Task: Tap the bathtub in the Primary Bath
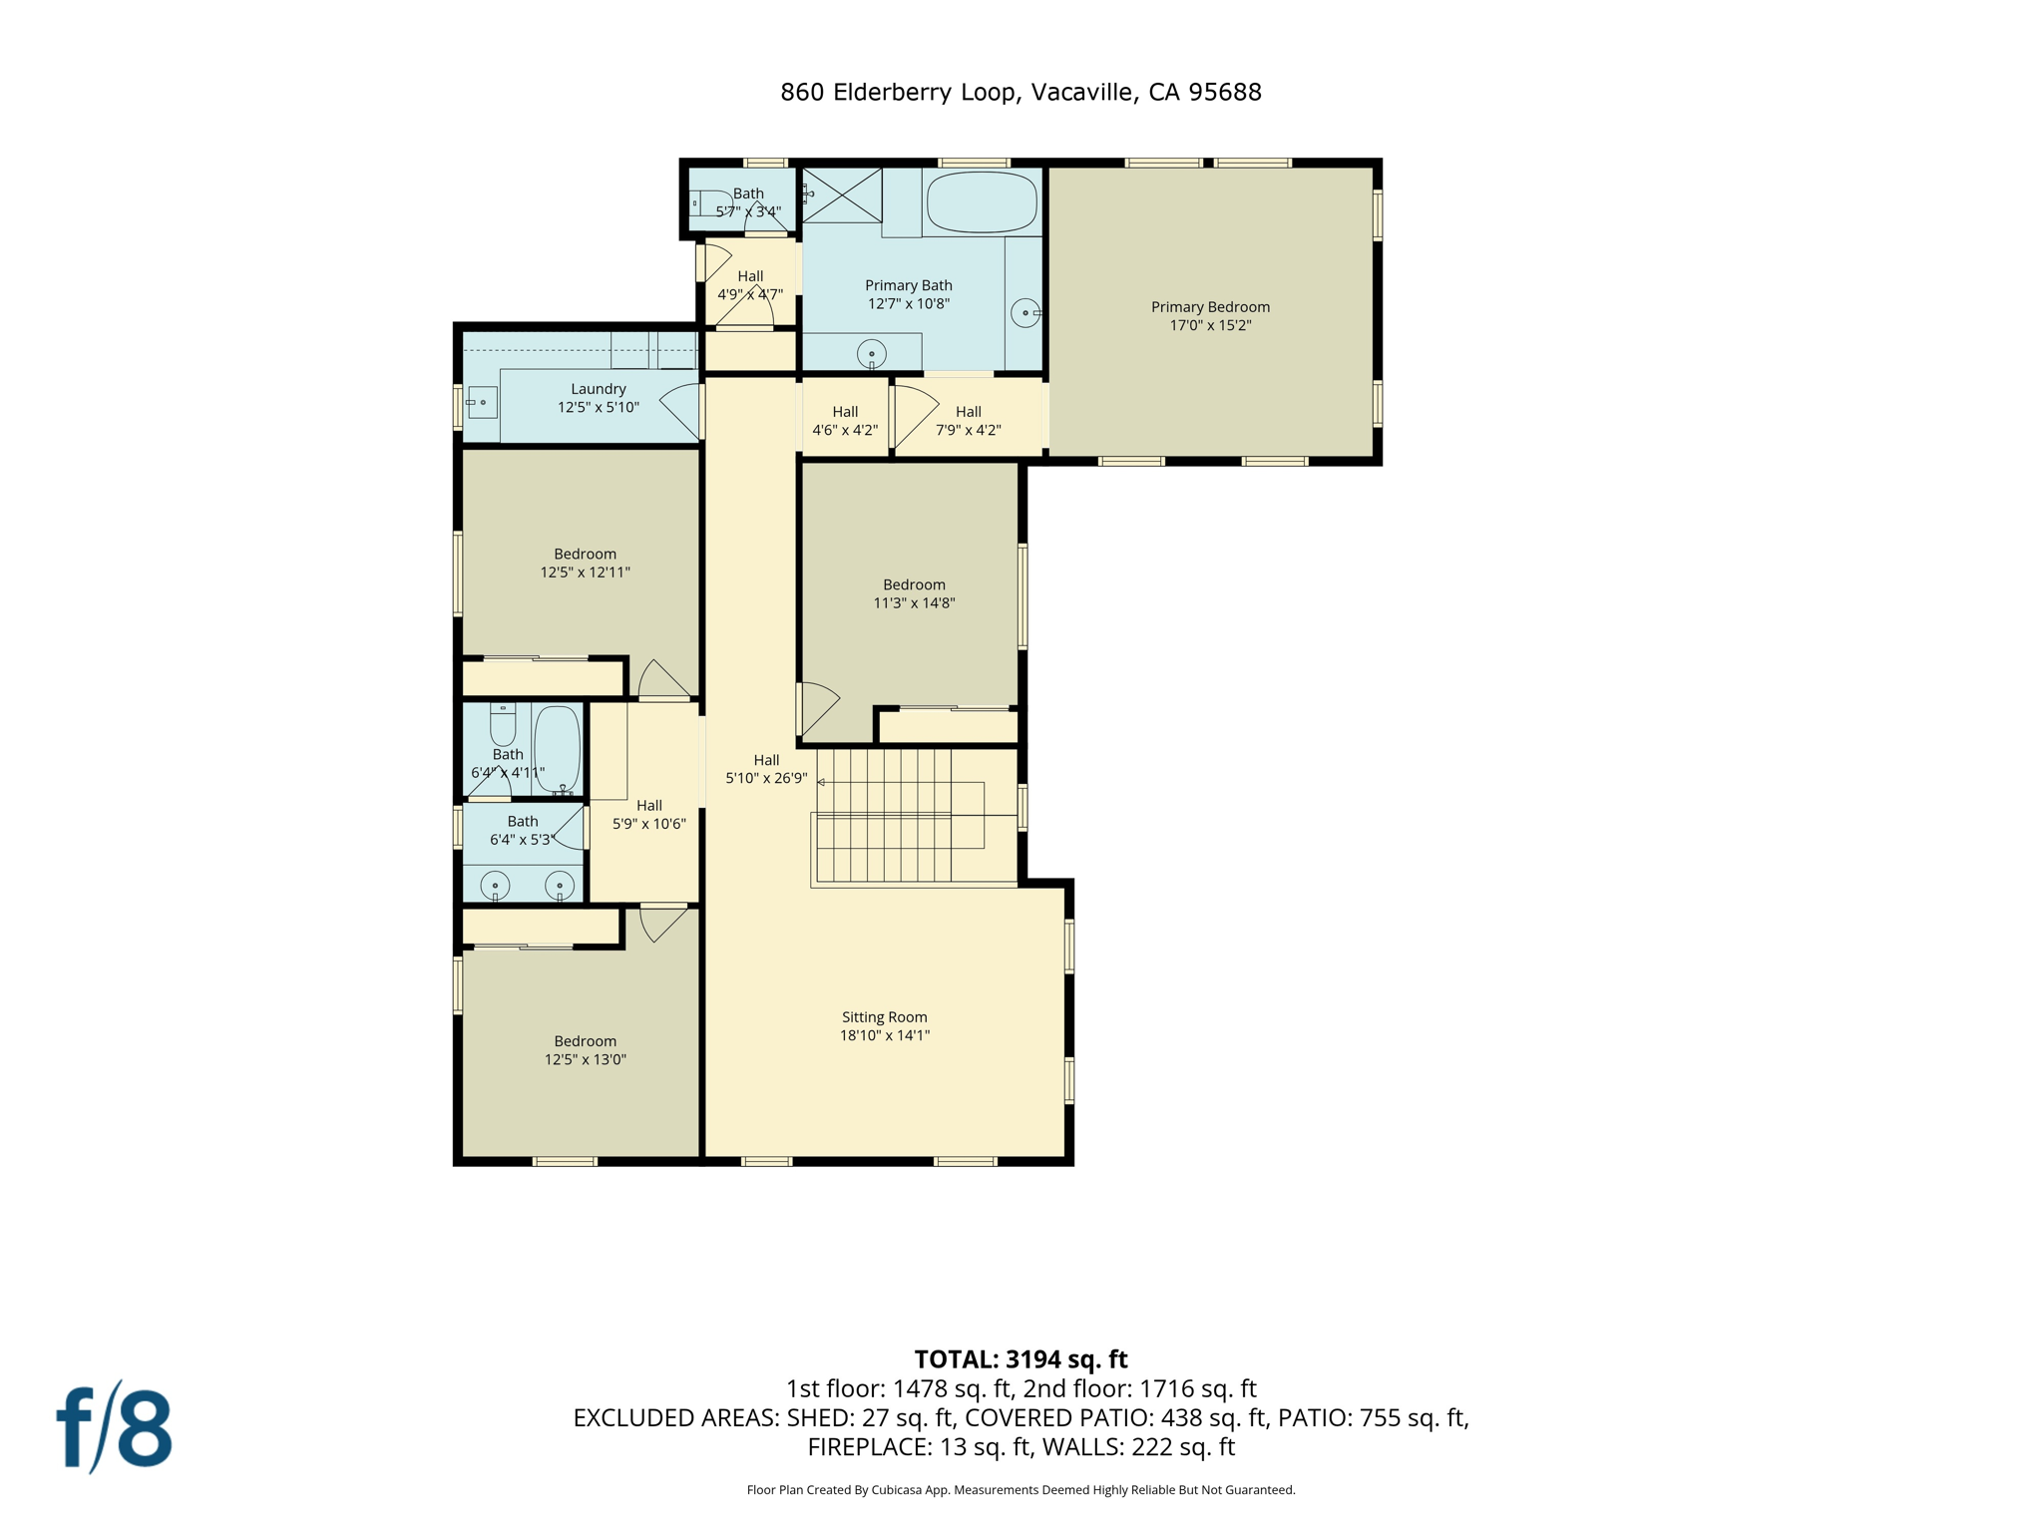982,202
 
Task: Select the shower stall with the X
843,195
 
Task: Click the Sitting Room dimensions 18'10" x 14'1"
884,1035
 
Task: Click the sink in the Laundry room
482,402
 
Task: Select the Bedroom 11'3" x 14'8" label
914,593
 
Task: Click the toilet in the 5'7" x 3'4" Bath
709,202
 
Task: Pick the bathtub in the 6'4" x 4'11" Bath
557,748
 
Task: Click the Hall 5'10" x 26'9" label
766,769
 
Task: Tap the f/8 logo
115,1427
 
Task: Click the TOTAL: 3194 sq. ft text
1021,1359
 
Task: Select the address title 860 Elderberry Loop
1021,92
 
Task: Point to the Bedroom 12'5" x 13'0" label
586,1050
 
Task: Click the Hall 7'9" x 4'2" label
968,420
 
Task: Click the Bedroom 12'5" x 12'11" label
586,563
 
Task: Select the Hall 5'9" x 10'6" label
649,814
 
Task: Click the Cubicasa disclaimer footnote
1021,1490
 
